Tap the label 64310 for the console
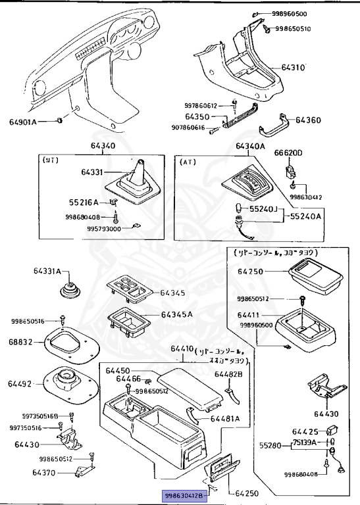(x=294, y=68)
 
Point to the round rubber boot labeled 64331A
(x=66, y=291)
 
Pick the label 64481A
(x=226, y=418)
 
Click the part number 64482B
(x=228, y=374)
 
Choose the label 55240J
(x=263, y=208)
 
